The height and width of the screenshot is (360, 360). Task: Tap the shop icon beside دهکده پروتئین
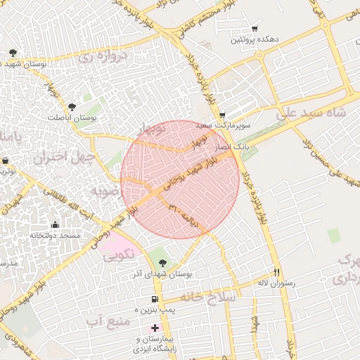pos(255,29)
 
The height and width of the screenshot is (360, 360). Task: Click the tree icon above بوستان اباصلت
pos(72,107)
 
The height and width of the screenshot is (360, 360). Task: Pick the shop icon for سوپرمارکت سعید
pos(223,115)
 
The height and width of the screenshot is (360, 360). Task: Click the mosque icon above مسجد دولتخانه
pos(35,225)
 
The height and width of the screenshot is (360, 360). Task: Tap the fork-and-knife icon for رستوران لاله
pos(277,272)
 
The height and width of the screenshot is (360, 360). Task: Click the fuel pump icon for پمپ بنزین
pos(154,299)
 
